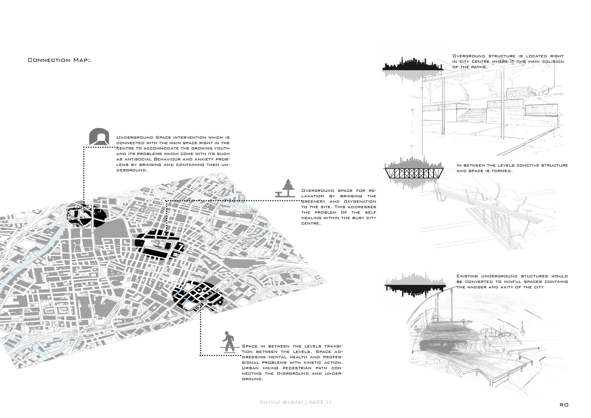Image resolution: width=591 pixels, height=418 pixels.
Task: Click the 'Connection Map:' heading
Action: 59,60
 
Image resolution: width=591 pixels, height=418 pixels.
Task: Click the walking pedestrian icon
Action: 227,342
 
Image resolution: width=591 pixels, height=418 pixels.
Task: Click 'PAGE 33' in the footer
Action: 320,402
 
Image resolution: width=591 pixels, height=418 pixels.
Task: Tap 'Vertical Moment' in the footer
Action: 282,402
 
